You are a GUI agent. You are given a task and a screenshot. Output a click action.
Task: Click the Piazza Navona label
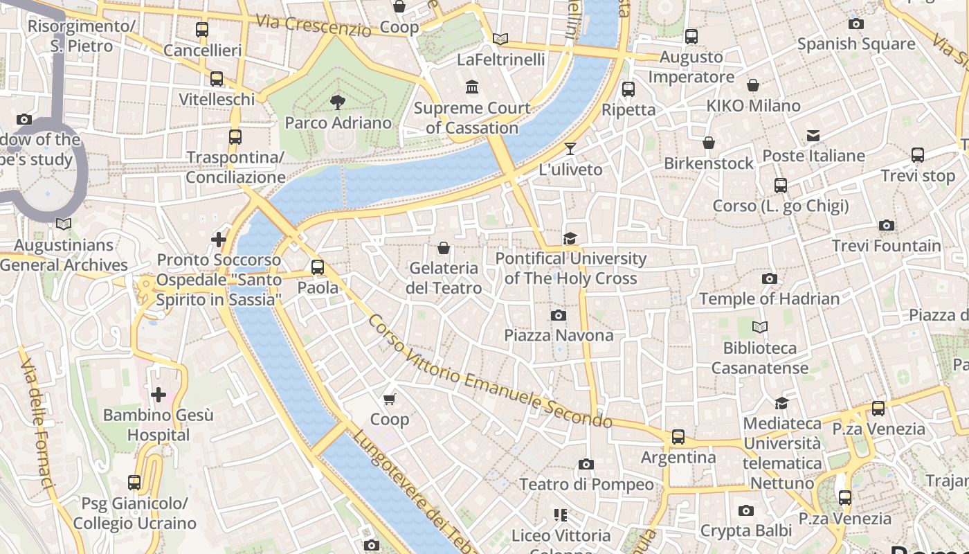[x=559, y=335]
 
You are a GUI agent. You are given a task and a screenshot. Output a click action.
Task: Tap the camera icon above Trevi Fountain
[x=886, y=225]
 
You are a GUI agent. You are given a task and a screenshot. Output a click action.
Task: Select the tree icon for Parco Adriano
[x=338, y=102]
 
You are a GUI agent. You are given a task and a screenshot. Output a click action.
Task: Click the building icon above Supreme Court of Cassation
[x=472, y=87]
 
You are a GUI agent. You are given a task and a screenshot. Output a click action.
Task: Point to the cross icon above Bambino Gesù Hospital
[x=159, y=395]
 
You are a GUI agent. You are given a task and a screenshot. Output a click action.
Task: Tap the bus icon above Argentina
[x=678, y=437]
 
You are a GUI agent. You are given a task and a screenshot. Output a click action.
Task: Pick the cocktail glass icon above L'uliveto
[x=570, y=148]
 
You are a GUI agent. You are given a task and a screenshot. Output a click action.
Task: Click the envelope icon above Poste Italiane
[x=813, y=136]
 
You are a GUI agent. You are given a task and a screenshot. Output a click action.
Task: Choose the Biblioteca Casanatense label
[x=760, y=358]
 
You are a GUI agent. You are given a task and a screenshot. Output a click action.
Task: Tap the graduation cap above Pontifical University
[x=570, y=238]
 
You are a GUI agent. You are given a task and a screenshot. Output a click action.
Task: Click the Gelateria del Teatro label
[x=444, y=278]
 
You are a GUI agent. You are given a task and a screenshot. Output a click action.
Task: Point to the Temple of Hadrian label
[x=769, y=299]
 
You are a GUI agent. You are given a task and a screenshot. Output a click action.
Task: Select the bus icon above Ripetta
[x=628, y=89]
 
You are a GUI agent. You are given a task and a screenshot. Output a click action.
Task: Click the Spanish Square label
[x=856, y=44]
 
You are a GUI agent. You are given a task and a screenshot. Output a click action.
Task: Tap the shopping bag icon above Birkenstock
[x=709, y=143]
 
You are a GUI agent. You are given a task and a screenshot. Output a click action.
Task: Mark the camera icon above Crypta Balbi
[x=745, y=510]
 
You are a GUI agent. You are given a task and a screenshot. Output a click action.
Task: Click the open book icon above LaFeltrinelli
[x=500, y=39]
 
